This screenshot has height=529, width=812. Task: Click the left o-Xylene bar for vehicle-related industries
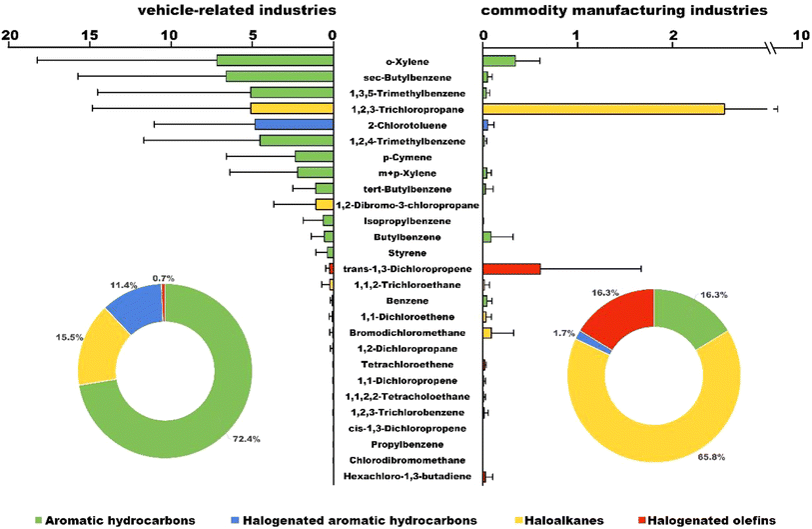tap(275, 61)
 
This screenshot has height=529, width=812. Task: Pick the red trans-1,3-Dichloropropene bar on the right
tap(511, 269)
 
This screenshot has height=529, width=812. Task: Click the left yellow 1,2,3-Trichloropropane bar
tap(291, 108)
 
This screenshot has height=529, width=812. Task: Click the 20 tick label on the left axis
tap(11, 35)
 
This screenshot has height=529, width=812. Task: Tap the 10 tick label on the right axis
tap(800, 35)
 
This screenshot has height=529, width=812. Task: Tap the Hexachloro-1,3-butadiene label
tap(406, 477)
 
